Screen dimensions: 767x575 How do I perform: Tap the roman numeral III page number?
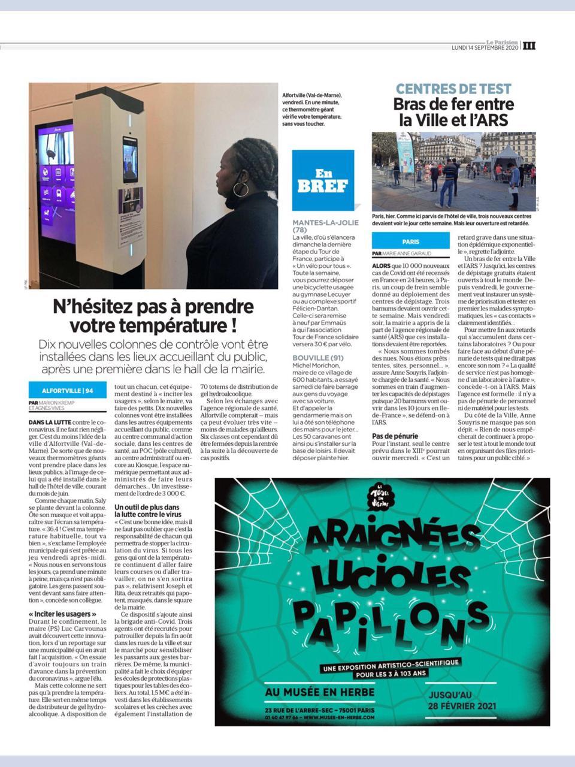(x=529, y=46)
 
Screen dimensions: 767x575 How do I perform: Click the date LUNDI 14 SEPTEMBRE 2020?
(x=485, y=48)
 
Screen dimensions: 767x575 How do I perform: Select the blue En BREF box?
(x=323, y=180)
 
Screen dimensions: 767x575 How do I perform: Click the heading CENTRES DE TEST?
(x=454, y=89)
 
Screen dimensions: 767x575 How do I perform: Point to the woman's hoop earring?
(x=240, y=189)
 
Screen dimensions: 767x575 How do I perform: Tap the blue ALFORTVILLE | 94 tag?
(x=68, y=391)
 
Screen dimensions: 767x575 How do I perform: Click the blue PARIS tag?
(x=411, y=242)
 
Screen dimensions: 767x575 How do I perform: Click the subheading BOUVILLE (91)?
(x=318, y=358)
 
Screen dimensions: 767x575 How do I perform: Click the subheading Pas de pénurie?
(x=395, y=436)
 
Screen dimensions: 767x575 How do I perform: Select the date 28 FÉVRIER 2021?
(x=462, y=706)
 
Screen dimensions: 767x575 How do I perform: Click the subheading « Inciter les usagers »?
(x=62, y=615)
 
